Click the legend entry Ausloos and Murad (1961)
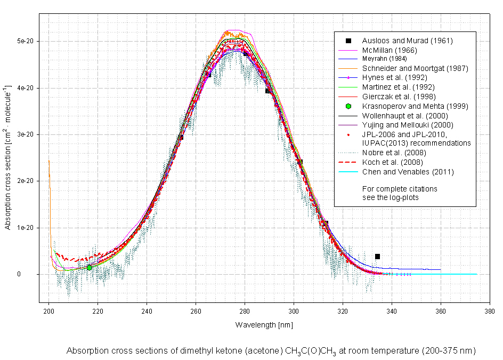408,41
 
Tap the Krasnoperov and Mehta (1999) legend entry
415,106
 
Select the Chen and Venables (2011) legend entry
408,172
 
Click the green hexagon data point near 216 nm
89,267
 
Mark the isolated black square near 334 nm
377,257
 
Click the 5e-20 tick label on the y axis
26,41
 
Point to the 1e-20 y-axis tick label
26,228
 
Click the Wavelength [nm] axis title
264,324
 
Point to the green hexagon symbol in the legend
348,106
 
